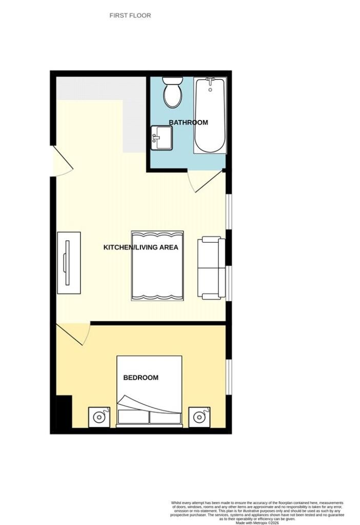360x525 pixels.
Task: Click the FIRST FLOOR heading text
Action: pyautogui.click(x=130, y=15)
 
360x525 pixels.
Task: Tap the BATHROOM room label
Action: pyautogui.click(x=188, y=123)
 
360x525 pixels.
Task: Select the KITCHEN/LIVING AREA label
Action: pyautogui.click(x=141, y=248)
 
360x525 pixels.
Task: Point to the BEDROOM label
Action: pyautogui.click(x=141, y=378)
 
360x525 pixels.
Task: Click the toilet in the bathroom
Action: pyautogui.click(x=172, y=92)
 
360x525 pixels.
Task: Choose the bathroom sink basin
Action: pyautogui.click(x=162, y=138)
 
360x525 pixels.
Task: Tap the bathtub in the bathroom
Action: pyautogui.click(x=210, y=115)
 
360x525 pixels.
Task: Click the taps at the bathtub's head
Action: pyautogui.click(x=210, y=80)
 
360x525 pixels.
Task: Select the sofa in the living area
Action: pyautogui.click(x=211, y=268)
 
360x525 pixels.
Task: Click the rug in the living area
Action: pyautogui.click(x=157, y=266)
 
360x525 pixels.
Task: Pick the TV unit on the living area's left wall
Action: pyautogui.click(x=69, y=263)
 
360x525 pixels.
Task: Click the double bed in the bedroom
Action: pyautogui.click(x=149, y=391)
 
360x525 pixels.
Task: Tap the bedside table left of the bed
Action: pyautogui.click(x=99, y=417)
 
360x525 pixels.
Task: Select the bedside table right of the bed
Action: pyautogui.click(x=199, y=417)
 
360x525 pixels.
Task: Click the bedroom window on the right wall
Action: pyautogui.click(x=229, y=377)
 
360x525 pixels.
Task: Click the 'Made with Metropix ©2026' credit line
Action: pyautogui.click(x=257, y=522)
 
